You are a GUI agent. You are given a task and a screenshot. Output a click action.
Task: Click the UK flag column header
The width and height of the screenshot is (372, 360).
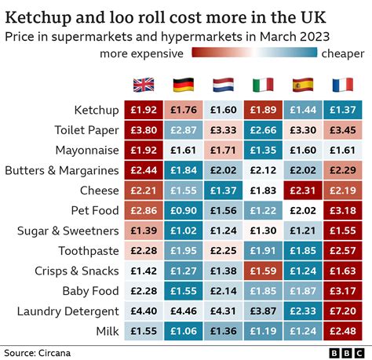point(144,85)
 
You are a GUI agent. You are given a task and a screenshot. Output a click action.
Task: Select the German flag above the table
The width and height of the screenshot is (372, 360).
point(183,85)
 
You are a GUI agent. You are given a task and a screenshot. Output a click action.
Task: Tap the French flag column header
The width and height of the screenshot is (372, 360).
point(343,85)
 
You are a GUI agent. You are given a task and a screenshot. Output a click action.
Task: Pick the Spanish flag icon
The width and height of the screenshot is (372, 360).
point(303,85)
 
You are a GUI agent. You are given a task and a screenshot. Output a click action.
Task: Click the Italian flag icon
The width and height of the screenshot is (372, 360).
point(263,85)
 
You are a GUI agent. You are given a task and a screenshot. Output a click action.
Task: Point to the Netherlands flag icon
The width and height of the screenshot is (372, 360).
point(223,85)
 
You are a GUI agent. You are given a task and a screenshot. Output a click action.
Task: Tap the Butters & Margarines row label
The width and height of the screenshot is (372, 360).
point(61,170)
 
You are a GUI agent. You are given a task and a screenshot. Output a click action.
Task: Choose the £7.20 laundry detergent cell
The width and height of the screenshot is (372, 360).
point(343,311)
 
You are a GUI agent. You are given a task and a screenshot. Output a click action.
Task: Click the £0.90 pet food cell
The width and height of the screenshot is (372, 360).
point(183,210)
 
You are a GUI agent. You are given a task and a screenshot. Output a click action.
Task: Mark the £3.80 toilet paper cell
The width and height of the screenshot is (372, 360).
point(144,129)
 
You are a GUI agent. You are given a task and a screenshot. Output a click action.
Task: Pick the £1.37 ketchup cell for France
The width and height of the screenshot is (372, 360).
point(343,110)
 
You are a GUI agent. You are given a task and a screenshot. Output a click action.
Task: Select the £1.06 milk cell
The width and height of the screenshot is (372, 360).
point(183,332)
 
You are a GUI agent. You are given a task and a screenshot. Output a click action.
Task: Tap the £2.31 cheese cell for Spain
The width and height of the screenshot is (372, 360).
point(303,191)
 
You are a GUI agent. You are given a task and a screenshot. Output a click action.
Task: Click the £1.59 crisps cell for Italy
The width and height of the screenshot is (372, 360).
point(263,271)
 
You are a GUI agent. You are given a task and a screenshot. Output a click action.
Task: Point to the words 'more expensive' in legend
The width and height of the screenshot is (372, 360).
point(140,53)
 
